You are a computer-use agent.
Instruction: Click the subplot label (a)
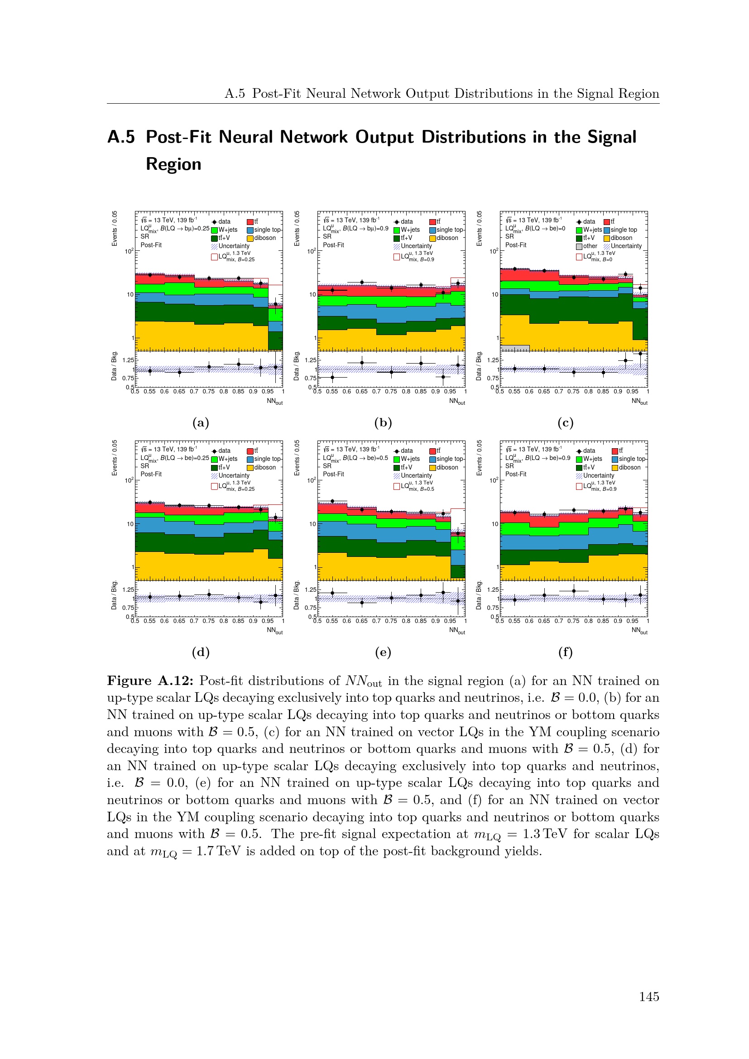coord(201,422)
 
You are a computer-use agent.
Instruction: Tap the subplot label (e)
coord(383,652)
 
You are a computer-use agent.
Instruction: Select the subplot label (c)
coord(565,422)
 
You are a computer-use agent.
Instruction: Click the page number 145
coord(648,996)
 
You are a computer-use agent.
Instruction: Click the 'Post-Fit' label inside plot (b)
coord(333,245)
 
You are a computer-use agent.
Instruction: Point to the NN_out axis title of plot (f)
coord(639,631)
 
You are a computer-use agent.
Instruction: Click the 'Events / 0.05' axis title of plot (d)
coord(115,458)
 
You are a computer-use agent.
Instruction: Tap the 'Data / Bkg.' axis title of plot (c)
coord(479,366)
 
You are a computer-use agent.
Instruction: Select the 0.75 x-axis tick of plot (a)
coord(208,392)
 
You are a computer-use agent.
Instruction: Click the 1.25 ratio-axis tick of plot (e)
coord(310,589)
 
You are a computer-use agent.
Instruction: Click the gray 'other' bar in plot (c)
coord(515,348)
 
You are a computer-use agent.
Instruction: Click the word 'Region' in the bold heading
coord(173,164)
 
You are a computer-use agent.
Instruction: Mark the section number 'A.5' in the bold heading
coord(121,137)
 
